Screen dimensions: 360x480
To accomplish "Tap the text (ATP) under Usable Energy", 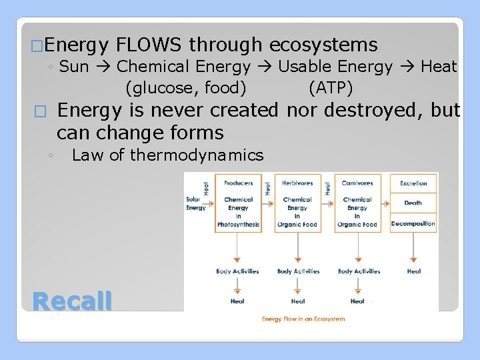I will pos(331,87).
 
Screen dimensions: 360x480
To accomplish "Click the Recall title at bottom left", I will pos(72,301).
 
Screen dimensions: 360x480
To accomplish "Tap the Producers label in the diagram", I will pos(238,183).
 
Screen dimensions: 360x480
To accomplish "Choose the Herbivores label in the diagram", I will pos(297,183).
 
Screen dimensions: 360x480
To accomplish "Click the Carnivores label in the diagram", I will pos(357,183).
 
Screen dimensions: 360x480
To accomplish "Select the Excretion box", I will pos(413,183).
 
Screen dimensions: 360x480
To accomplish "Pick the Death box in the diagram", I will pos(413,203).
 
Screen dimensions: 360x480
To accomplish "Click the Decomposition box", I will pos(413,224).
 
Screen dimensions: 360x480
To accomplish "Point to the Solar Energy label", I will pos(196,203).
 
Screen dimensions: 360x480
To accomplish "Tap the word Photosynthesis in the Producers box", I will pos(238,225).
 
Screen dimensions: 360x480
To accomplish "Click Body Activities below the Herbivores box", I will pos(298,271).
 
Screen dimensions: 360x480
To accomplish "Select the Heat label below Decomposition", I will pos(414,271).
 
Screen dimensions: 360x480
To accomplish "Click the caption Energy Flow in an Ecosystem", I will pos(303,319).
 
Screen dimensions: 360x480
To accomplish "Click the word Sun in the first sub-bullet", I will pos(74,67).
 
